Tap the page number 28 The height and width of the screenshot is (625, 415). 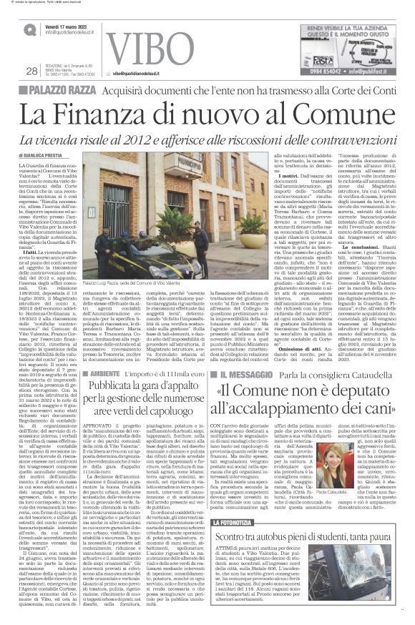pos(31,71)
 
